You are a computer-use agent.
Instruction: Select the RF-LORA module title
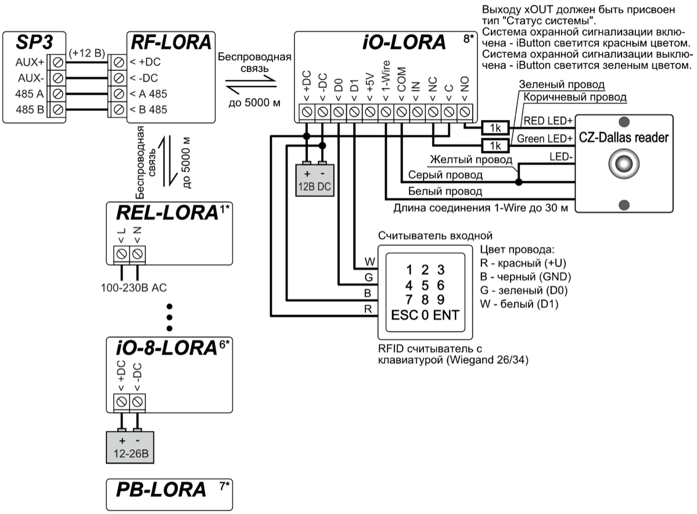169,43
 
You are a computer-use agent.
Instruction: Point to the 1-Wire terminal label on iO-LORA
386,78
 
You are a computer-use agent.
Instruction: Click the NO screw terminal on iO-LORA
464,110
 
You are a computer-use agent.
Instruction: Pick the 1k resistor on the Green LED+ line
495,145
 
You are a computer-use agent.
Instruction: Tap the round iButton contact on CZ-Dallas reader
623,163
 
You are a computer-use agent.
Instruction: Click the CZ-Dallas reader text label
623,138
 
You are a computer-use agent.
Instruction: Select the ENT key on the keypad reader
445,316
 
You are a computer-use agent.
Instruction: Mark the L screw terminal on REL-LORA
122,254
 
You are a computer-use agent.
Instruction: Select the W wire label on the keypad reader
367,262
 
